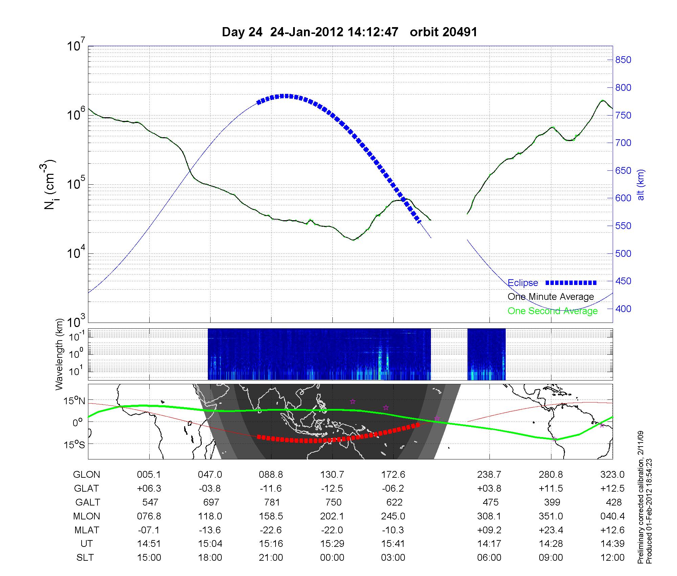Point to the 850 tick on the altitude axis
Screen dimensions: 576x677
[623, 60]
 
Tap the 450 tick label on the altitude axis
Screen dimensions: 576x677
[623, 281]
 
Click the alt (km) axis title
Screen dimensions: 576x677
[641, 185]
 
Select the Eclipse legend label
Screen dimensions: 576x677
[523, 283]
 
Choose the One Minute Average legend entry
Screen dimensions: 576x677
[551, 297]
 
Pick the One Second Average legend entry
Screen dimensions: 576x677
[552, 311]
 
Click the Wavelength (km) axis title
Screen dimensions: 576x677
[60, 354]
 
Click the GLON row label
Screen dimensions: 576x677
[86, 475]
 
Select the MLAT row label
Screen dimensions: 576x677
[86, 530]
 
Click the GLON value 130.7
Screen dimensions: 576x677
[332, 475]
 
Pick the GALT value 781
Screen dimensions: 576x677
[272, 502]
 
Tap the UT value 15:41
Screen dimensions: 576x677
[393, 544]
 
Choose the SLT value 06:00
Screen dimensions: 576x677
[489, 558]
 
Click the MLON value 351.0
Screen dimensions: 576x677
[551, 516]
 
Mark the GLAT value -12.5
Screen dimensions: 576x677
[332, 489]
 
